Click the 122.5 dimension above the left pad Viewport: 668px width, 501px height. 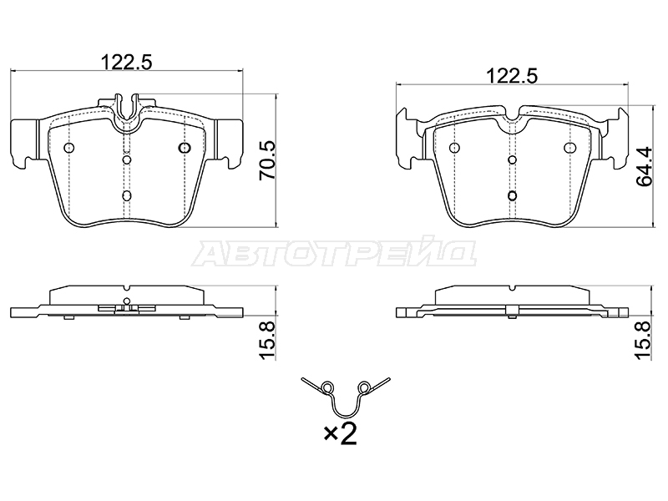tap(126, 62)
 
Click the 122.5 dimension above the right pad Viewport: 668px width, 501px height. tap(512, 76)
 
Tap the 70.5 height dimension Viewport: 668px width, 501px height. tap(267, 160)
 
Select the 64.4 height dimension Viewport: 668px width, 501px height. tap(644, 166)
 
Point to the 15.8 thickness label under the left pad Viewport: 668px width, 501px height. tap(267, 341)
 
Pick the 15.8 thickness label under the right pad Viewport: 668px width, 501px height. tap(644, 341)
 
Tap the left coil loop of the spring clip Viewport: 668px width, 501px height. tap(326, 387)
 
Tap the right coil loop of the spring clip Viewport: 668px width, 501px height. tap(364, 387)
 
